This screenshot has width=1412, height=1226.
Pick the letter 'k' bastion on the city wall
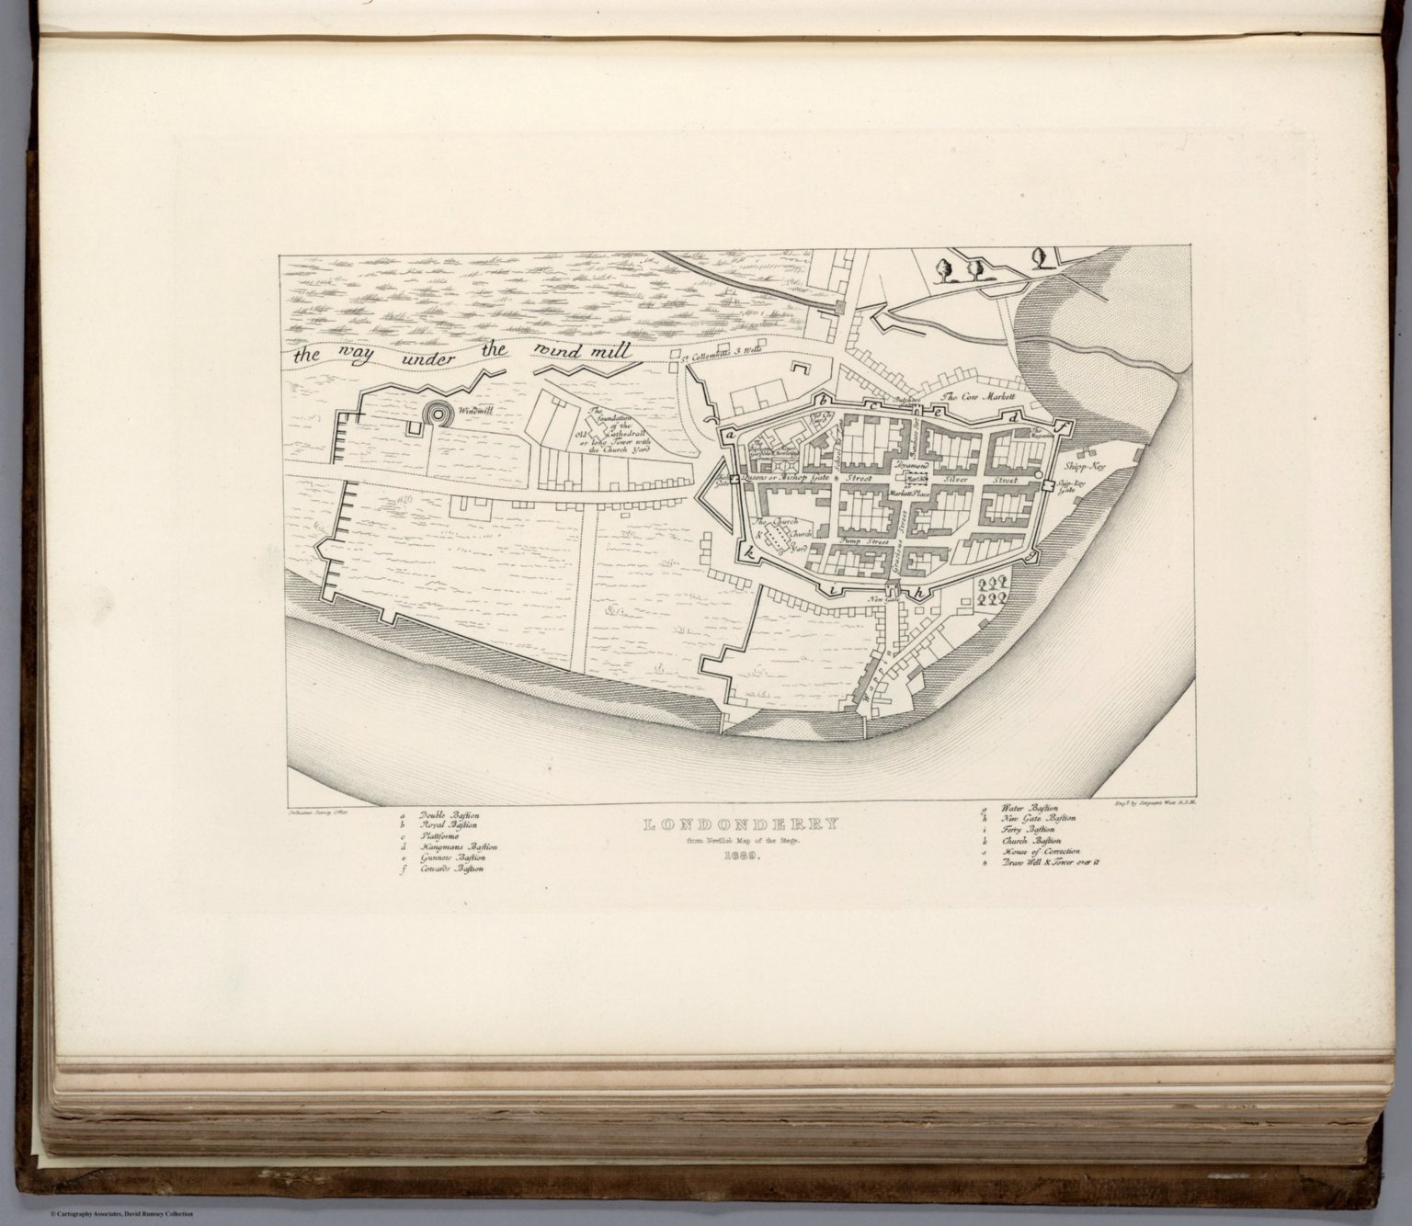click(751, 552)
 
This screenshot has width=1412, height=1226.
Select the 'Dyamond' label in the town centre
click(914, 468)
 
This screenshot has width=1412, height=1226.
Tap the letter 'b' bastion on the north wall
click(826, 402)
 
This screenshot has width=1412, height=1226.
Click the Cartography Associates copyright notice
click(97, 1215)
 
